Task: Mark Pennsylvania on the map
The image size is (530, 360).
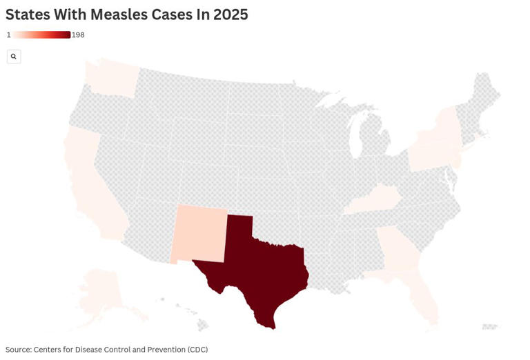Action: pos(431,155)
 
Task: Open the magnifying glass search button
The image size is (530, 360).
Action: pos(14,57)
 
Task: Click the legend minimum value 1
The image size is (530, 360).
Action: pos(8,35)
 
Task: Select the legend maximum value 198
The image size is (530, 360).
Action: pos(78,35)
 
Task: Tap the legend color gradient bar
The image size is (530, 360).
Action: pos(41,35)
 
